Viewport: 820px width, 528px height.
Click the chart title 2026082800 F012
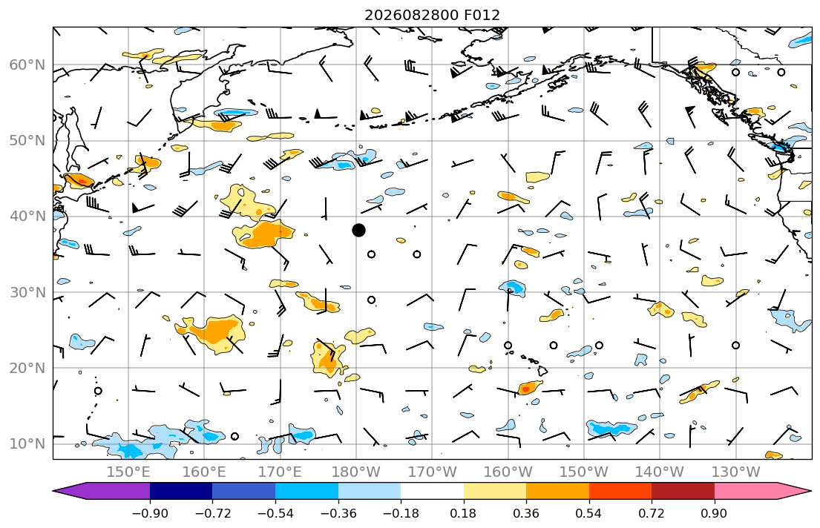click(x=432, y=15)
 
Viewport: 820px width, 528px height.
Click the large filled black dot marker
click(x=358, y=230)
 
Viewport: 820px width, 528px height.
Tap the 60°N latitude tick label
click(x=27, y=65)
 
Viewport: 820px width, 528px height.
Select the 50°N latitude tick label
click(x=27, y=141)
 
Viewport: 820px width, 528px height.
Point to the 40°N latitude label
click(x=27, y=216)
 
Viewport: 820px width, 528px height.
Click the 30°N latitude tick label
click(x=27, y=292)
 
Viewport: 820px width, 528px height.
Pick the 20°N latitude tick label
click(x=27, y=368)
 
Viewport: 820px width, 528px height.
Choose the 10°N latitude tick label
click(x=27, y=444)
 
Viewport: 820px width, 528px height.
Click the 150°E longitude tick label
click(x=128, y=472)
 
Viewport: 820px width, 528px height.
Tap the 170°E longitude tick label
click(x=281, y=472)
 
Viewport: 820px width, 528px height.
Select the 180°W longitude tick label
click(x=356, y=472)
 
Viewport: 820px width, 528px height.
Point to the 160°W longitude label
click(x=508, y=472)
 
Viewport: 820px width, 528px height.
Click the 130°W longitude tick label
click(x=736, y=472)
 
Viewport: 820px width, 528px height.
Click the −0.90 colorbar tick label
click(x=150, y=513)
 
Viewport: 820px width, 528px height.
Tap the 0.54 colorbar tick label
click(x=589, y=513)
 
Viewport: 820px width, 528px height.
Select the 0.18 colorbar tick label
click(x=463, y=513)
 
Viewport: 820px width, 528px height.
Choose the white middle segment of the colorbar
click(x=432, y=491)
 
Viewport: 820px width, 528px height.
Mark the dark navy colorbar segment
click(x=181, y=491)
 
